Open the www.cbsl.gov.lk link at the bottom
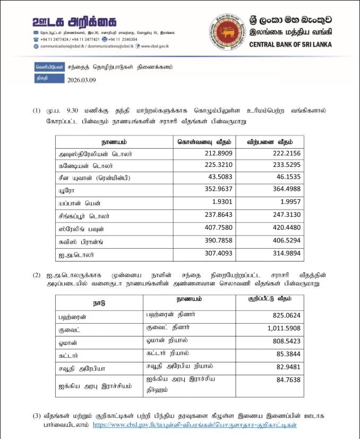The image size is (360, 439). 194,425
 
